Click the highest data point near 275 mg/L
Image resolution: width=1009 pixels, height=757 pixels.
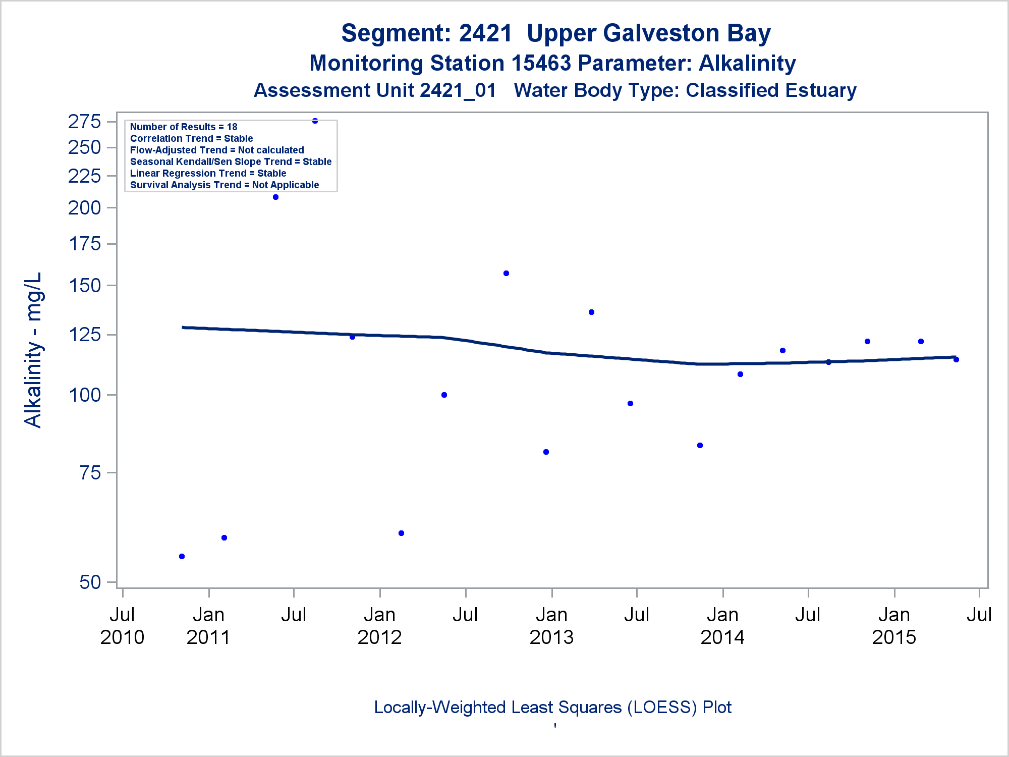tap(315, 121)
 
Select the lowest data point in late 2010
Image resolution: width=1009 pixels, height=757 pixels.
tap(182, 556)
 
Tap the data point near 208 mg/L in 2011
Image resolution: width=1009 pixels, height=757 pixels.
tap(275, 197)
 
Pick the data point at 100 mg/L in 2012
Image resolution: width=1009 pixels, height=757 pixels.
tap(444, 395)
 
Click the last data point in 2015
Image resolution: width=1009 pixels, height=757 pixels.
tap(956, 359)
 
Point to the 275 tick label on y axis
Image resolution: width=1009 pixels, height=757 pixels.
tap(85, 122)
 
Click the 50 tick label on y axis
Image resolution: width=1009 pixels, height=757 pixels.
tap(90, 582)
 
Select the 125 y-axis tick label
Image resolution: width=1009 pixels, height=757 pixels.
tap(85, 335)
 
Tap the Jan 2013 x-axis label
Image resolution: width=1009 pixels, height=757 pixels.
tap(551, 626)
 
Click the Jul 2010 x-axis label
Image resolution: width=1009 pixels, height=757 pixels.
tap(122, 626)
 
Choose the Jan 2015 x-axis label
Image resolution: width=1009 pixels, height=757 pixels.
tap(894, 626)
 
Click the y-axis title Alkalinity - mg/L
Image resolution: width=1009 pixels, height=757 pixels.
tap(33, 350)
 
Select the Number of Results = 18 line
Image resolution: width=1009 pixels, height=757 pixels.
tap(184, 127)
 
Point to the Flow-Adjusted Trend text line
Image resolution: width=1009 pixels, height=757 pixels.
tap(217, 150)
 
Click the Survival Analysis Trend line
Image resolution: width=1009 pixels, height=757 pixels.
tap(225, 185)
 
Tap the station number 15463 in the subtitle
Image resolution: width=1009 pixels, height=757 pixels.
tap(541, 63)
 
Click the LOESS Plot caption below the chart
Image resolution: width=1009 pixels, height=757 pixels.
tap(552, 707)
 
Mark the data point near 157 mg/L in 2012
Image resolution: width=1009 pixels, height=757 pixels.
tap(506, 273)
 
